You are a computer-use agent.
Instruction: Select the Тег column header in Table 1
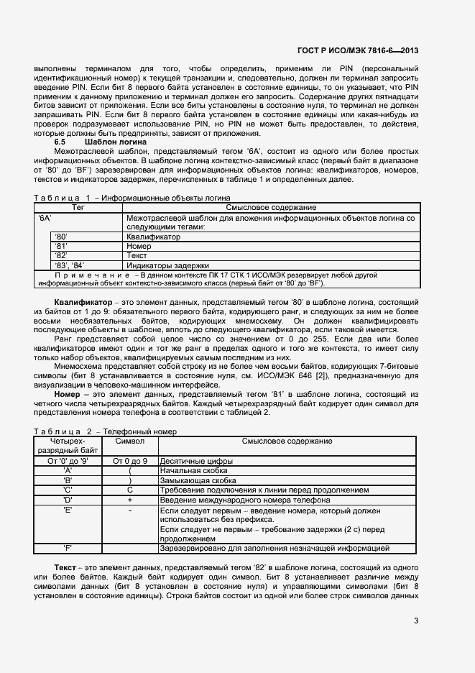[78, 207]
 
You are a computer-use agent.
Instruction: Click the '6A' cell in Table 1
[45, 217]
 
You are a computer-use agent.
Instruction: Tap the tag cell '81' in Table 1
[61, 246]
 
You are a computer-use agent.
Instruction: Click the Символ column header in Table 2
[129, 441]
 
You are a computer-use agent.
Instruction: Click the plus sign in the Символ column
[130, 498]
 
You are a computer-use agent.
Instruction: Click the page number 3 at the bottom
[416, 621]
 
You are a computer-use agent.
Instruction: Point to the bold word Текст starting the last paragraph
[67, 567]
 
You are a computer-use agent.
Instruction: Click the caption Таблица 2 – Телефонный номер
[105, 431]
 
